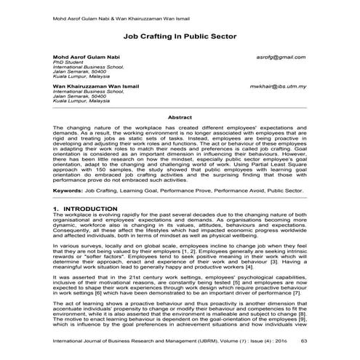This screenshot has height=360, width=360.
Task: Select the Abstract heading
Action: [x=180, y=116]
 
